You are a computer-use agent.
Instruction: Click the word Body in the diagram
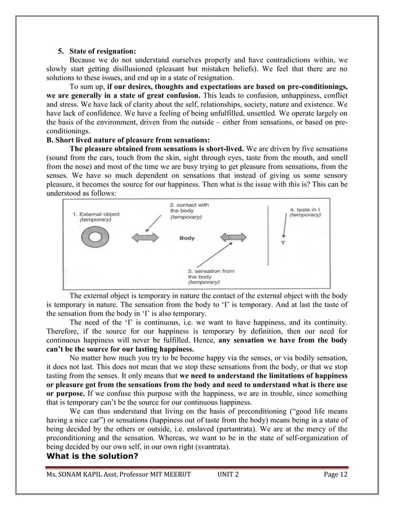(x=187, y=238)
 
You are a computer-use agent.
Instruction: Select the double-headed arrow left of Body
(x=145, y=238)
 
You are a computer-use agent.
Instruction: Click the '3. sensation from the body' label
(x=209, y=277)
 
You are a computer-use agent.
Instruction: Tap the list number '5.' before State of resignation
(x=61, y=51)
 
